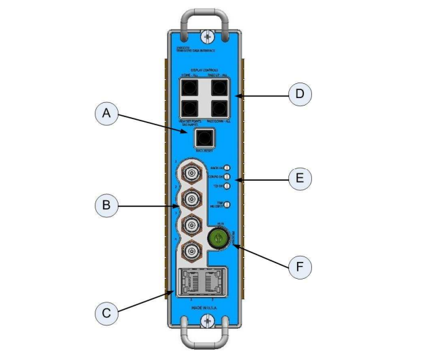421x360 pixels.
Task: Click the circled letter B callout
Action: (104, 205)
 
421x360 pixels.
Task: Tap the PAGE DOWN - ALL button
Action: (219, 108)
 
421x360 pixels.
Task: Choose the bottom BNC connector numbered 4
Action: (191, 249)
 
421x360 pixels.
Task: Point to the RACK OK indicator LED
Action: (228, 167)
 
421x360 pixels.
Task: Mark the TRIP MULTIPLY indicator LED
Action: (228, 204)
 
